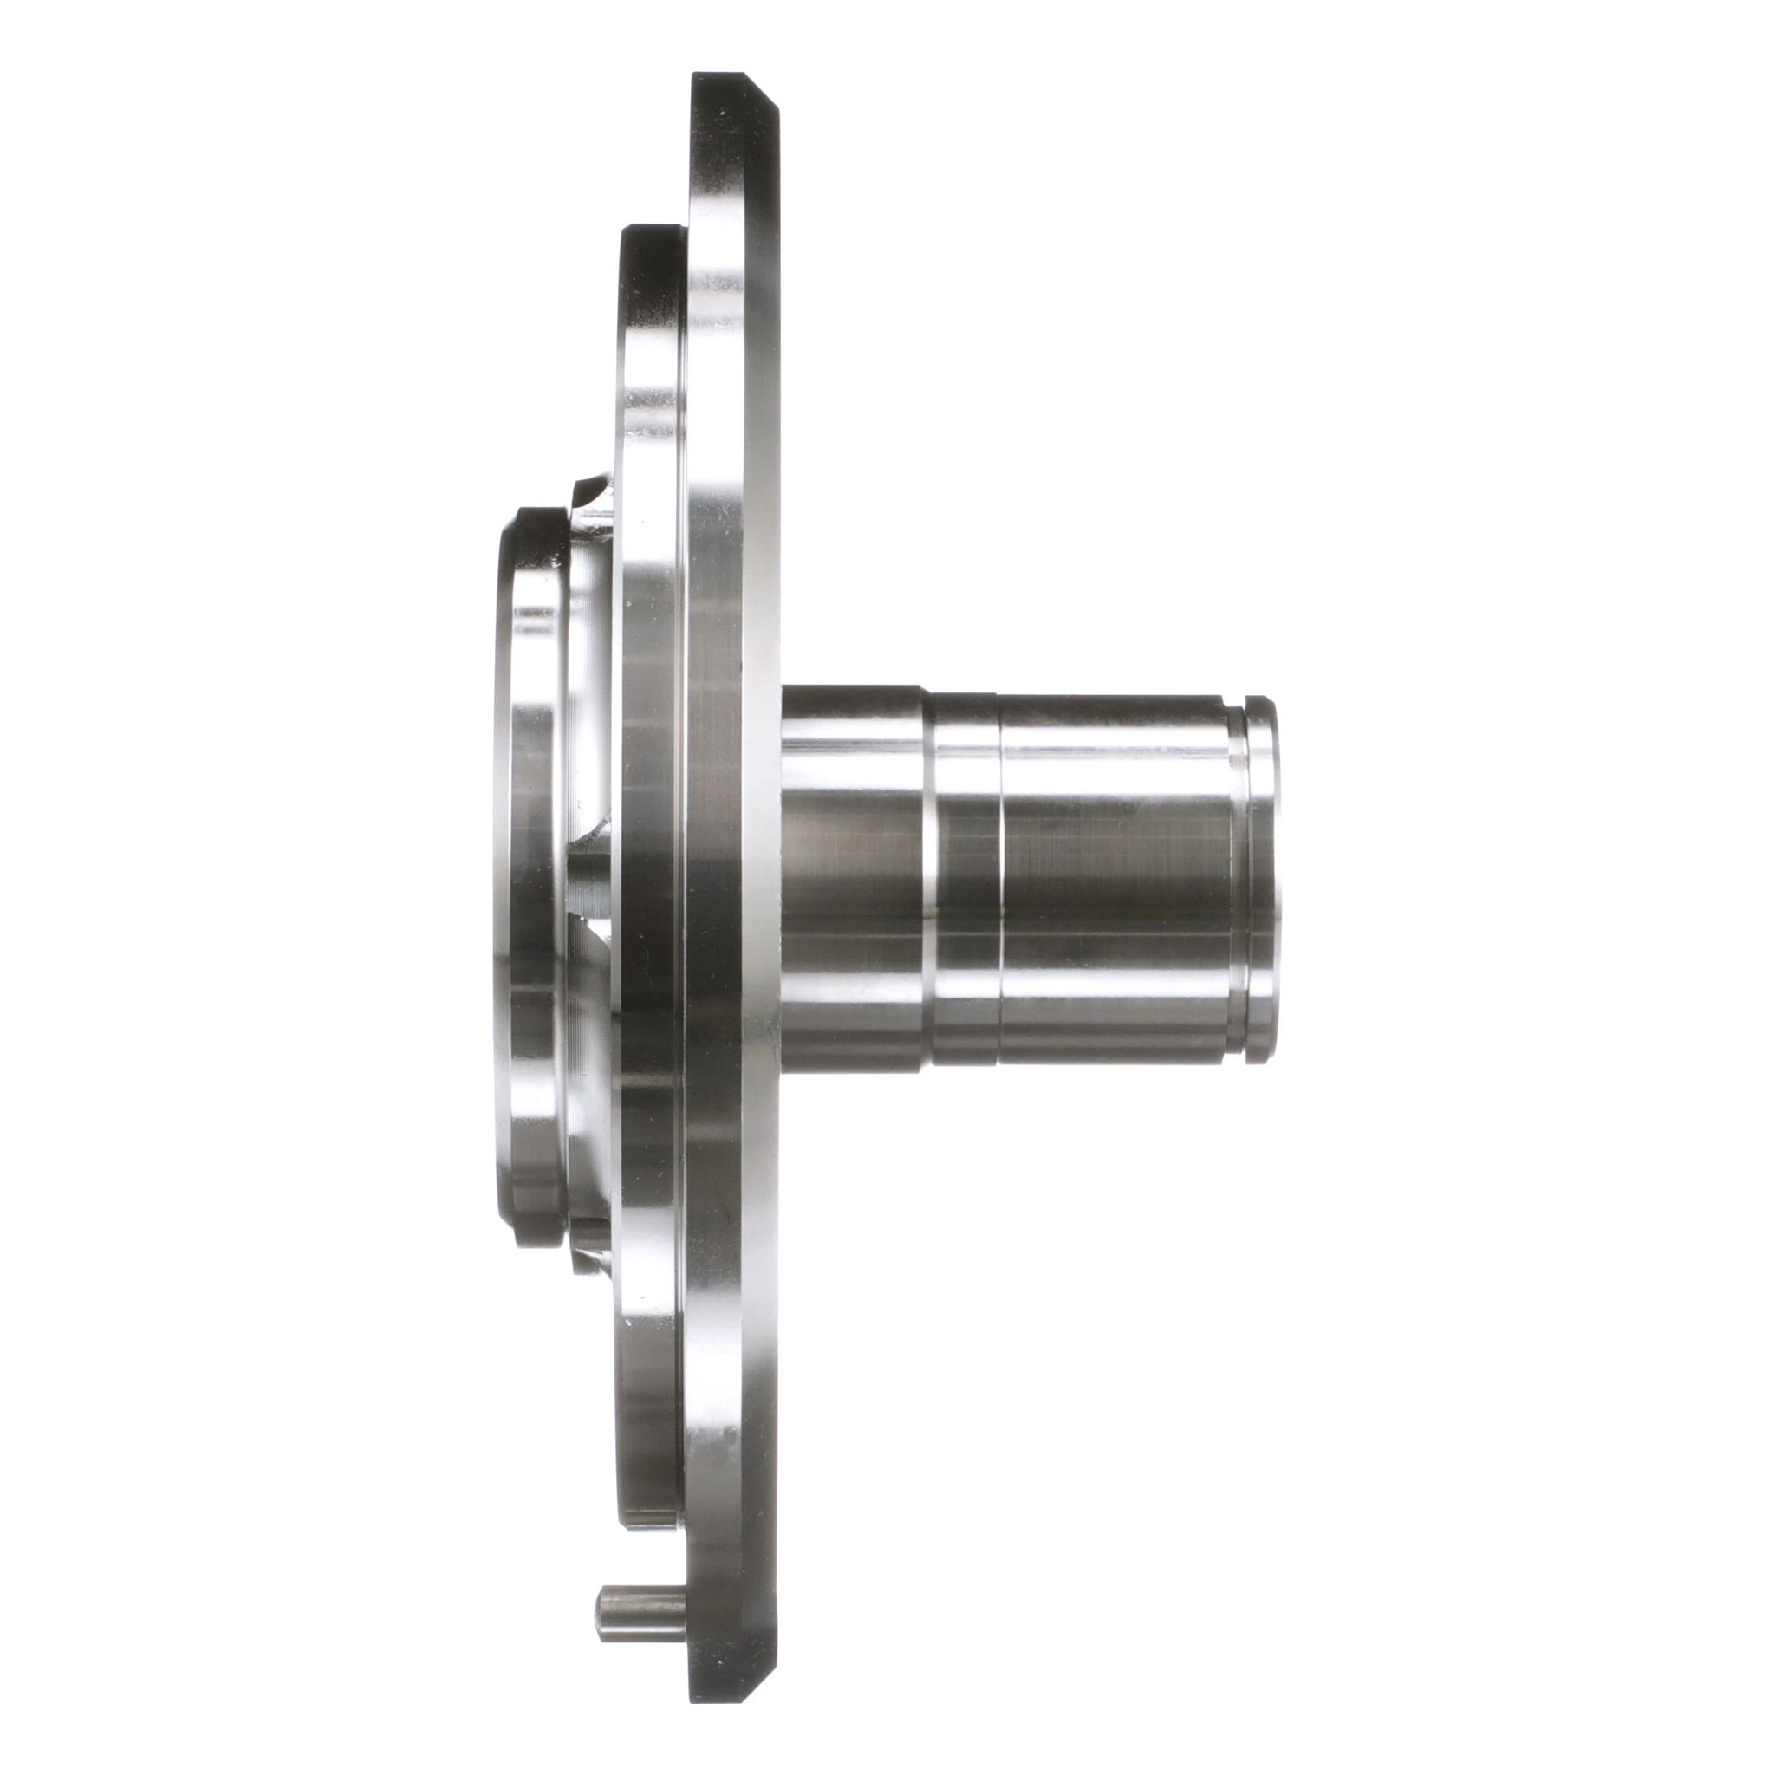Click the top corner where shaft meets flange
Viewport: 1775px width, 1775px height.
[783, 687]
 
